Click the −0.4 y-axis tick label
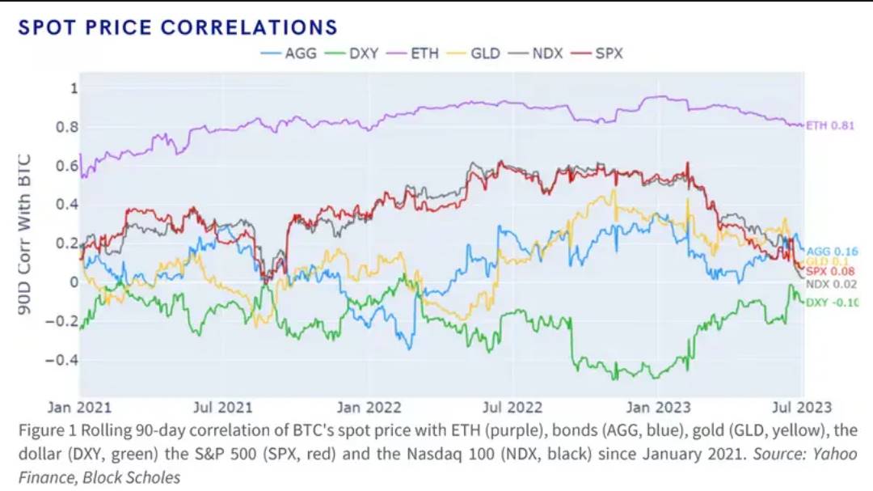62,359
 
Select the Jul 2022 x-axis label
513,408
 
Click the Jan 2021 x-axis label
80,408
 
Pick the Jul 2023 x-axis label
802,408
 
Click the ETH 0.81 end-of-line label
830,125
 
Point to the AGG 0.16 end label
832,252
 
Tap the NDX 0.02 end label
832,284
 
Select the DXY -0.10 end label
833,303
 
